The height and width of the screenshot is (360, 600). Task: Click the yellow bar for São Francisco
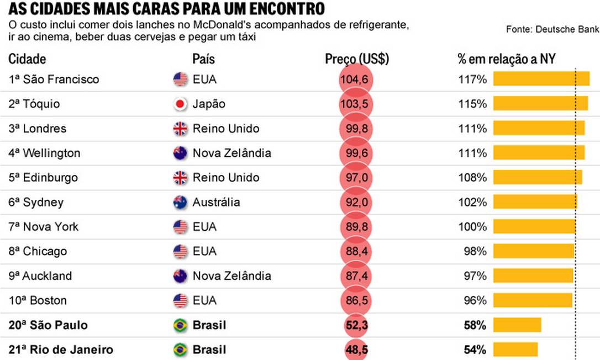pyautogui.click(x=541, y=79)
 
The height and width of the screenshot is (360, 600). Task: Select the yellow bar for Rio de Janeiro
pyautogui.click(x=515, y=350)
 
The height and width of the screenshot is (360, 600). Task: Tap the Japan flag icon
pyautogui.click(x=180, y=104)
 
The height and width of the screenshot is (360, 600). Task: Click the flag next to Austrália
pyautogui.click(x=180, y=202)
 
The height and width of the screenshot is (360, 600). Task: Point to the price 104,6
pyautogui.click(x=355, y=80)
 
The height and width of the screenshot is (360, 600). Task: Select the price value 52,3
pyautogui.click(x=355, y=325)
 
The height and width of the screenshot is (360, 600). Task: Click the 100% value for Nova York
pyautogui.click(x=472, y=227)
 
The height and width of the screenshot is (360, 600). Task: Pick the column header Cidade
pyautogui.click(x=27, y=59)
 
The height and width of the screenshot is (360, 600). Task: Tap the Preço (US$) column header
pyautogui.click(x=357, y=59)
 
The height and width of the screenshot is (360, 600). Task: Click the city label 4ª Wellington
pyautogui.click(x=44, y=153)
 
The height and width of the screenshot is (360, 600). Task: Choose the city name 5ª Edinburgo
pyautogui.click(x=43, y=178)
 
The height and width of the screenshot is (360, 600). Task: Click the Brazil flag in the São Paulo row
pyautogui.click(x=180, y=325)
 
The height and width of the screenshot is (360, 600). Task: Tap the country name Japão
pyautogui.click(x=209, y=104)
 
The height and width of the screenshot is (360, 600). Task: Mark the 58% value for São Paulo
pyautogui.click(x=475, y=325)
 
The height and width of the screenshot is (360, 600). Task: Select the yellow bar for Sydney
pyautogui.click(x=535, y=202)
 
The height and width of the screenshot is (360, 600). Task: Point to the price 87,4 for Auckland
pyautogui.click(x=355, y=276)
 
